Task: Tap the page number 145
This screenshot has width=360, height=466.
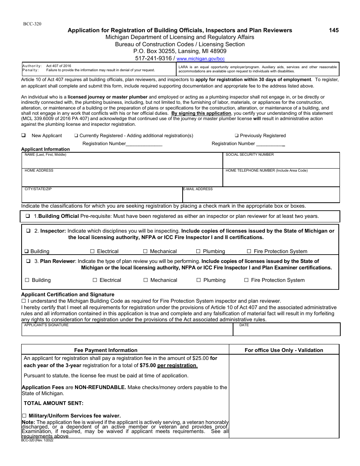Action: coord(334,30)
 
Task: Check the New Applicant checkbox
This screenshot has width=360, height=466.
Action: coord(23,136)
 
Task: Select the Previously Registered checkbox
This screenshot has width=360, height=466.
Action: coord(236,136)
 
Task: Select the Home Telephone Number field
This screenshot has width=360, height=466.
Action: coord(281,179)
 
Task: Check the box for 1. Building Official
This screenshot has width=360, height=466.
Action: coord(28,216)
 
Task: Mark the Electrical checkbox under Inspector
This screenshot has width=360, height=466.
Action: coord(92,251)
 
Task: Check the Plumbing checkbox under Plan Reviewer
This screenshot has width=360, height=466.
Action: coord(199,280)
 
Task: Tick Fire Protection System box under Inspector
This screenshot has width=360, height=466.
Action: coord(249,251)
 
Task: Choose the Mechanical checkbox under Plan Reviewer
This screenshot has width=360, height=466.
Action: coord(146,280)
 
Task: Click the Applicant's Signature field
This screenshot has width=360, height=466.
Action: coord(127,331)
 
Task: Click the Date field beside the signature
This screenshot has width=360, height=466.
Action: coord(286,331)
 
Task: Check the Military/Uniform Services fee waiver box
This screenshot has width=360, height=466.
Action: coord(25,416)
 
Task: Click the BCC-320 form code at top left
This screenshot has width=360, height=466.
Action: coord(32,24)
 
